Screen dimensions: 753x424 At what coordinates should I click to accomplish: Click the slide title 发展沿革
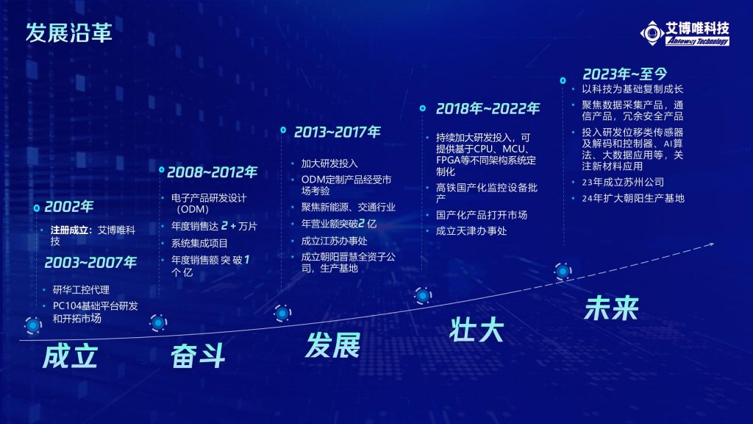coord(68,32)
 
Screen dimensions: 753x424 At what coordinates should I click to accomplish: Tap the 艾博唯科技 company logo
coord(685,33)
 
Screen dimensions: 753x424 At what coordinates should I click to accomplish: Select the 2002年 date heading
coord(68,207)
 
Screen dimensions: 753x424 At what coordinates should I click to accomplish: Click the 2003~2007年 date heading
coord(90,263)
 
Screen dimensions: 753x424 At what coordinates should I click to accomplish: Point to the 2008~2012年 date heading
coord(212,172)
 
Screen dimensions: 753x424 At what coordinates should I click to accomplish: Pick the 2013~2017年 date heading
coord(337,132)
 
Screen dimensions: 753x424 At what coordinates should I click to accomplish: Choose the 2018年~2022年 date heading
coord(488,109)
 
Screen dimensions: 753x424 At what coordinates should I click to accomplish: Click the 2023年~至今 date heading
coord(625,74)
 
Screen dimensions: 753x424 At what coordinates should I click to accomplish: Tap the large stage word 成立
coord(70,356)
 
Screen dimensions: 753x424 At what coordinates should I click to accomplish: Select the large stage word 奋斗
coord(198,357)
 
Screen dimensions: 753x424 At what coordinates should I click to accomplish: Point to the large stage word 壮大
coord(476,330)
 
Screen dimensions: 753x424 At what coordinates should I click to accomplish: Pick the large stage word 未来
coord(611,308)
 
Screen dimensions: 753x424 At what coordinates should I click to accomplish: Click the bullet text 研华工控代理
coord(81,289)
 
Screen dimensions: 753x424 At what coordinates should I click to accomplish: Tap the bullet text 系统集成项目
coord(199,243)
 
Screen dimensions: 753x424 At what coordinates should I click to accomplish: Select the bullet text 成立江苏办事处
coord(335,241)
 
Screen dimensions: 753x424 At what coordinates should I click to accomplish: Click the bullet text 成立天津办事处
coord(471,230)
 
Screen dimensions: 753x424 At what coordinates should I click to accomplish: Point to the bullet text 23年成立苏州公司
coord(623,183)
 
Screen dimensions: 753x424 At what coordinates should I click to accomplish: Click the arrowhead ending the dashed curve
coord(710,245)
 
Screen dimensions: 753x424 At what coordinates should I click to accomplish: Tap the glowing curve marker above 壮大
coord(423,295)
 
